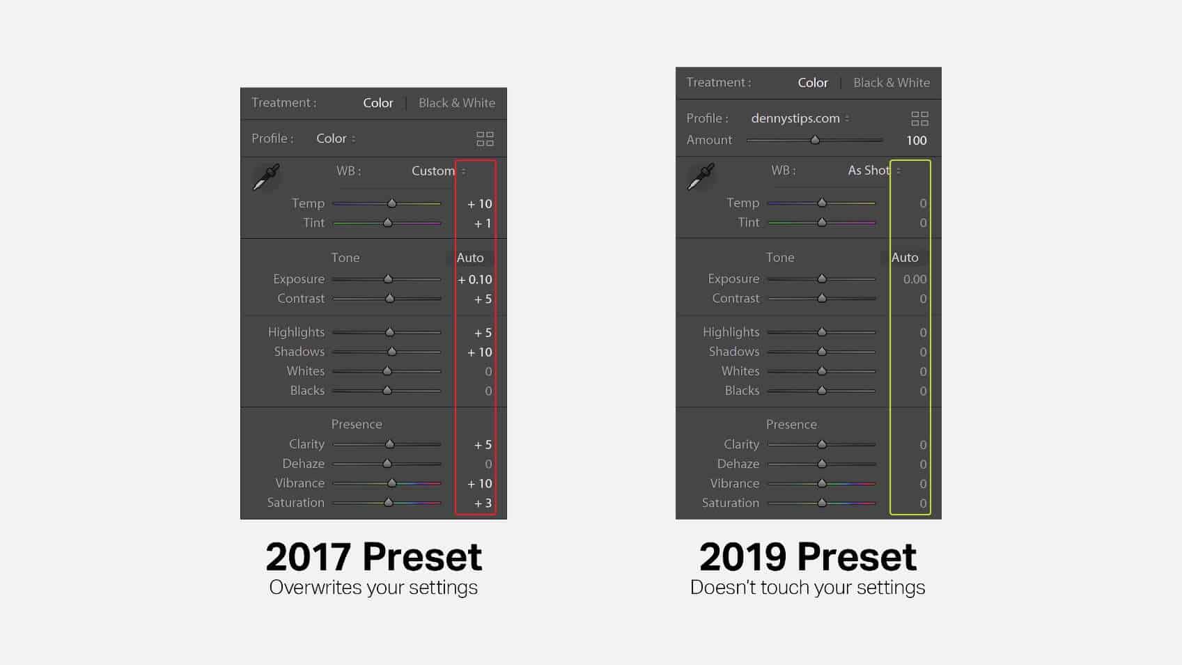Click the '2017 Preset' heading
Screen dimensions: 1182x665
(x=373, y=557)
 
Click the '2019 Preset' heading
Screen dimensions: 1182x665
(x=808, y=557)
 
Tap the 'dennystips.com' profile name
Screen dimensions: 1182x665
(x=795, y=118)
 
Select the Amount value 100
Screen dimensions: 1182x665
(x=916, y=140)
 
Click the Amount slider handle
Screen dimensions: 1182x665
(x=815, y=140)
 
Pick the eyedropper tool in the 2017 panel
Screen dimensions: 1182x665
(x=267, y=177)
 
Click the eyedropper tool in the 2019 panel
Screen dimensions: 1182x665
(x=701, y=177)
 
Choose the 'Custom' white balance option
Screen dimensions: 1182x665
(x=433, y=171)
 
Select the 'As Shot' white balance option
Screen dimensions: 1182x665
(x=869, y=171)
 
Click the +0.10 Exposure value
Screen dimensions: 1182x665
(x=474, y=279)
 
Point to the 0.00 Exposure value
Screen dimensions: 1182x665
(x=915, y=279)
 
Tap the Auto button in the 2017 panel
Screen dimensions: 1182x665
(x=469, y=258)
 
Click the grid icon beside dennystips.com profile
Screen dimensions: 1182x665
(x=919, y=118)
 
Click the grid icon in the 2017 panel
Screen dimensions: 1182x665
(x=485, y=139)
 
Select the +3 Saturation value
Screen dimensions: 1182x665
(x=482, y=503)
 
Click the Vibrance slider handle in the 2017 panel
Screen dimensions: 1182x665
(x=391, y=483)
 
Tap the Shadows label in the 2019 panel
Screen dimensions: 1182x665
(x=733, y=351)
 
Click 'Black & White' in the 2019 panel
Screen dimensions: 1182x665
(x=892, y=83)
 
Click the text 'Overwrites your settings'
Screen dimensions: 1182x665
(x=373, y=588)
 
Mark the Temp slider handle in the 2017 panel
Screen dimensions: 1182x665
(x=391, y=203)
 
